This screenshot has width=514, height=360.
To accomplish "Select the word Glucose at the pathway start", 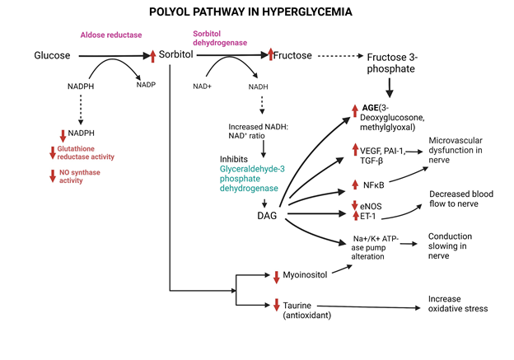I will coord(53,56).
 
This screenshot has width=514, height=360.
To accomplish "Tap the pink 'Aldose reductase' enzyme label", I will coord(110,35).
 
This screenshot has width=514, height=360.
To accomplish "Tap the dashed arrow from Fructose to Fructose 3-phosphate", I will coord(338,56).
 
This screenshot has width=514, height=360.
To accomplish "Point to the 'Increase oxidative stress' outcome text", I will coord(457,304).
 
